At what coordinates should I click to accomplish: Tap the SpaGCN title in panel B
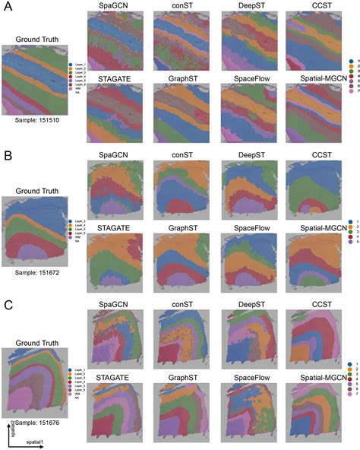pyautogui.click(x=115, y=157)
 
